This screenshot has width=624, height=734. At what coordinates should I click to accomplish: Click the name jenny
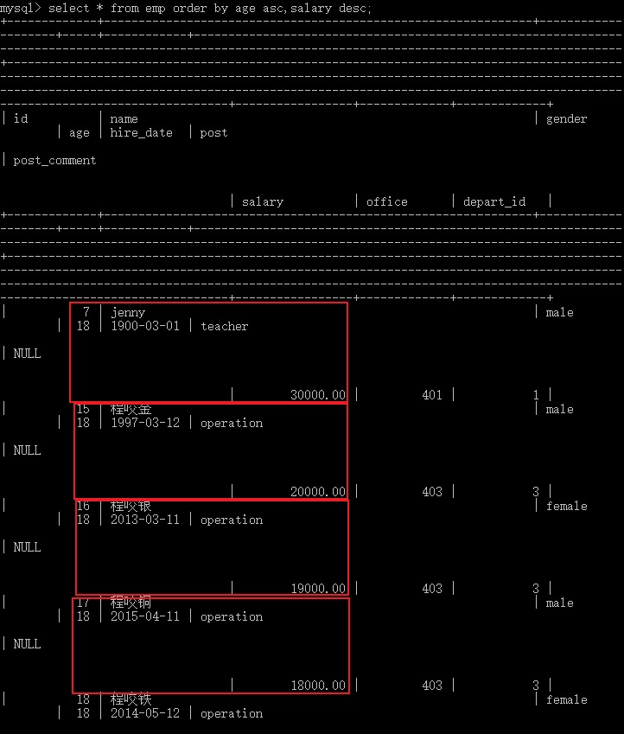[128, 312]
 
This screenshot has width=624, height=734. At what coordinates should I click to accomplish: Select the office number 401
[432, 395]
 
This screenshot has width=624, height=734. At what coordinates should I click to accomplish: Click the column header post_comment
[55, 160]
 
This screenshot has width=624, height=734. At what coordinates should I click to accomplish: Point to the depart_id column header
[494, 201]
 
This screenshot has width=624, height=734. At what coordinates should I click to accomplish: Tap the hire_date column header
[142, 132]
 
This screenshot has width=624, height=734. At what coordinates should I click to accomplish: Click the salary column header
[263, 201]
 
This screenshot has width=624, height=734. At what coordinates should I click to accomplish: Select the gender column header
[567, 118]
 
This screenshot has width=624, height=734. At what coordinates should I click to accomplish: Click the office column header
[387, 201]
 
